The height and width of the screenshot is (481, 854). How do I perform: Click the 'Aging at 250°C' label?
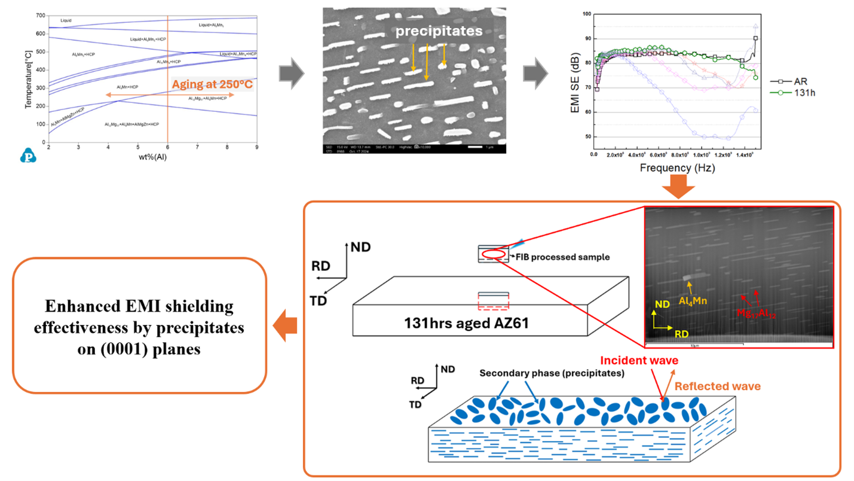pyautogui.click(x=212, y=84)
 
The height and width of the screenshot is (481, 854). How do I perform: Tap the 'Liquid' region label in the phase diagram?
pyautogui.click(x=66, y=20)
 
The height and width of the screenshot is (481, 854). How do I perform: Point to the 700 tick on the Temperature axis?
pyautogui.click(x=39, y=15)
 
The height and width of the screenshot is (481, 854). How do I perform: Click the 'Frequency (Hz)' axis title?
pyautogui.click(x=677, y=168)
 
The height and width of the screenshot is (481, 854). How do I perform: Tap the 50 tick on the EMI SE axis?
pyautogui.click(x=587, y=137)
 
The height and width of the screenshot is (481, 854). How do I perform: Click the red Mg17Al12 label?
pyautogui.click(x=756, y=312)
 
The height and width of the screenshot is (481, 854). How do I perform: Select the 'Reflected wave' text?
pyautogui.click(x=717, y=386)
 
